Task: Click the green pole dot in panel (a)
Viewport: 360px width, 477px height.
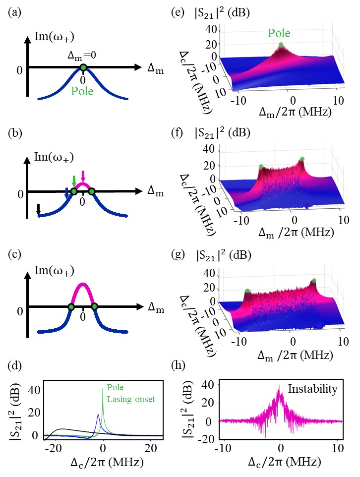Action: [x=83, y=67]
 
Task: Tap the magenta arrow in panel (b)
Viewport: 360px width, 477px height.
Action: [x=83, y=176]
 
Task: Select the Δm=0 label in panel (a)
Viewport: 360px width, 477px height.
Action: [x=85, y=57]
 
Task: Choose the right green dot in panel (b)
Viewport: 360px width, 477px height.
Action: [x=92, y=191]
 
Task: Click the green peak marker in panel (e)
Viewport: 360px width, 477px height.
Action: [x=281, y=45]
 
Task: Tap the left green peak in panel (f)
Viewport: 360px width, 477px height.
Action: [x=261, y=167]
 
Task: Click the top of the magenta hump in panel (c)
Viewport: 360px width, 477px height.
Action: [x=83, y=284]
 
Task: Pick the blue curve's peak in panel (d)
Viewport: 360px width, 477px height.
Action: [x=98, y=415]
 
